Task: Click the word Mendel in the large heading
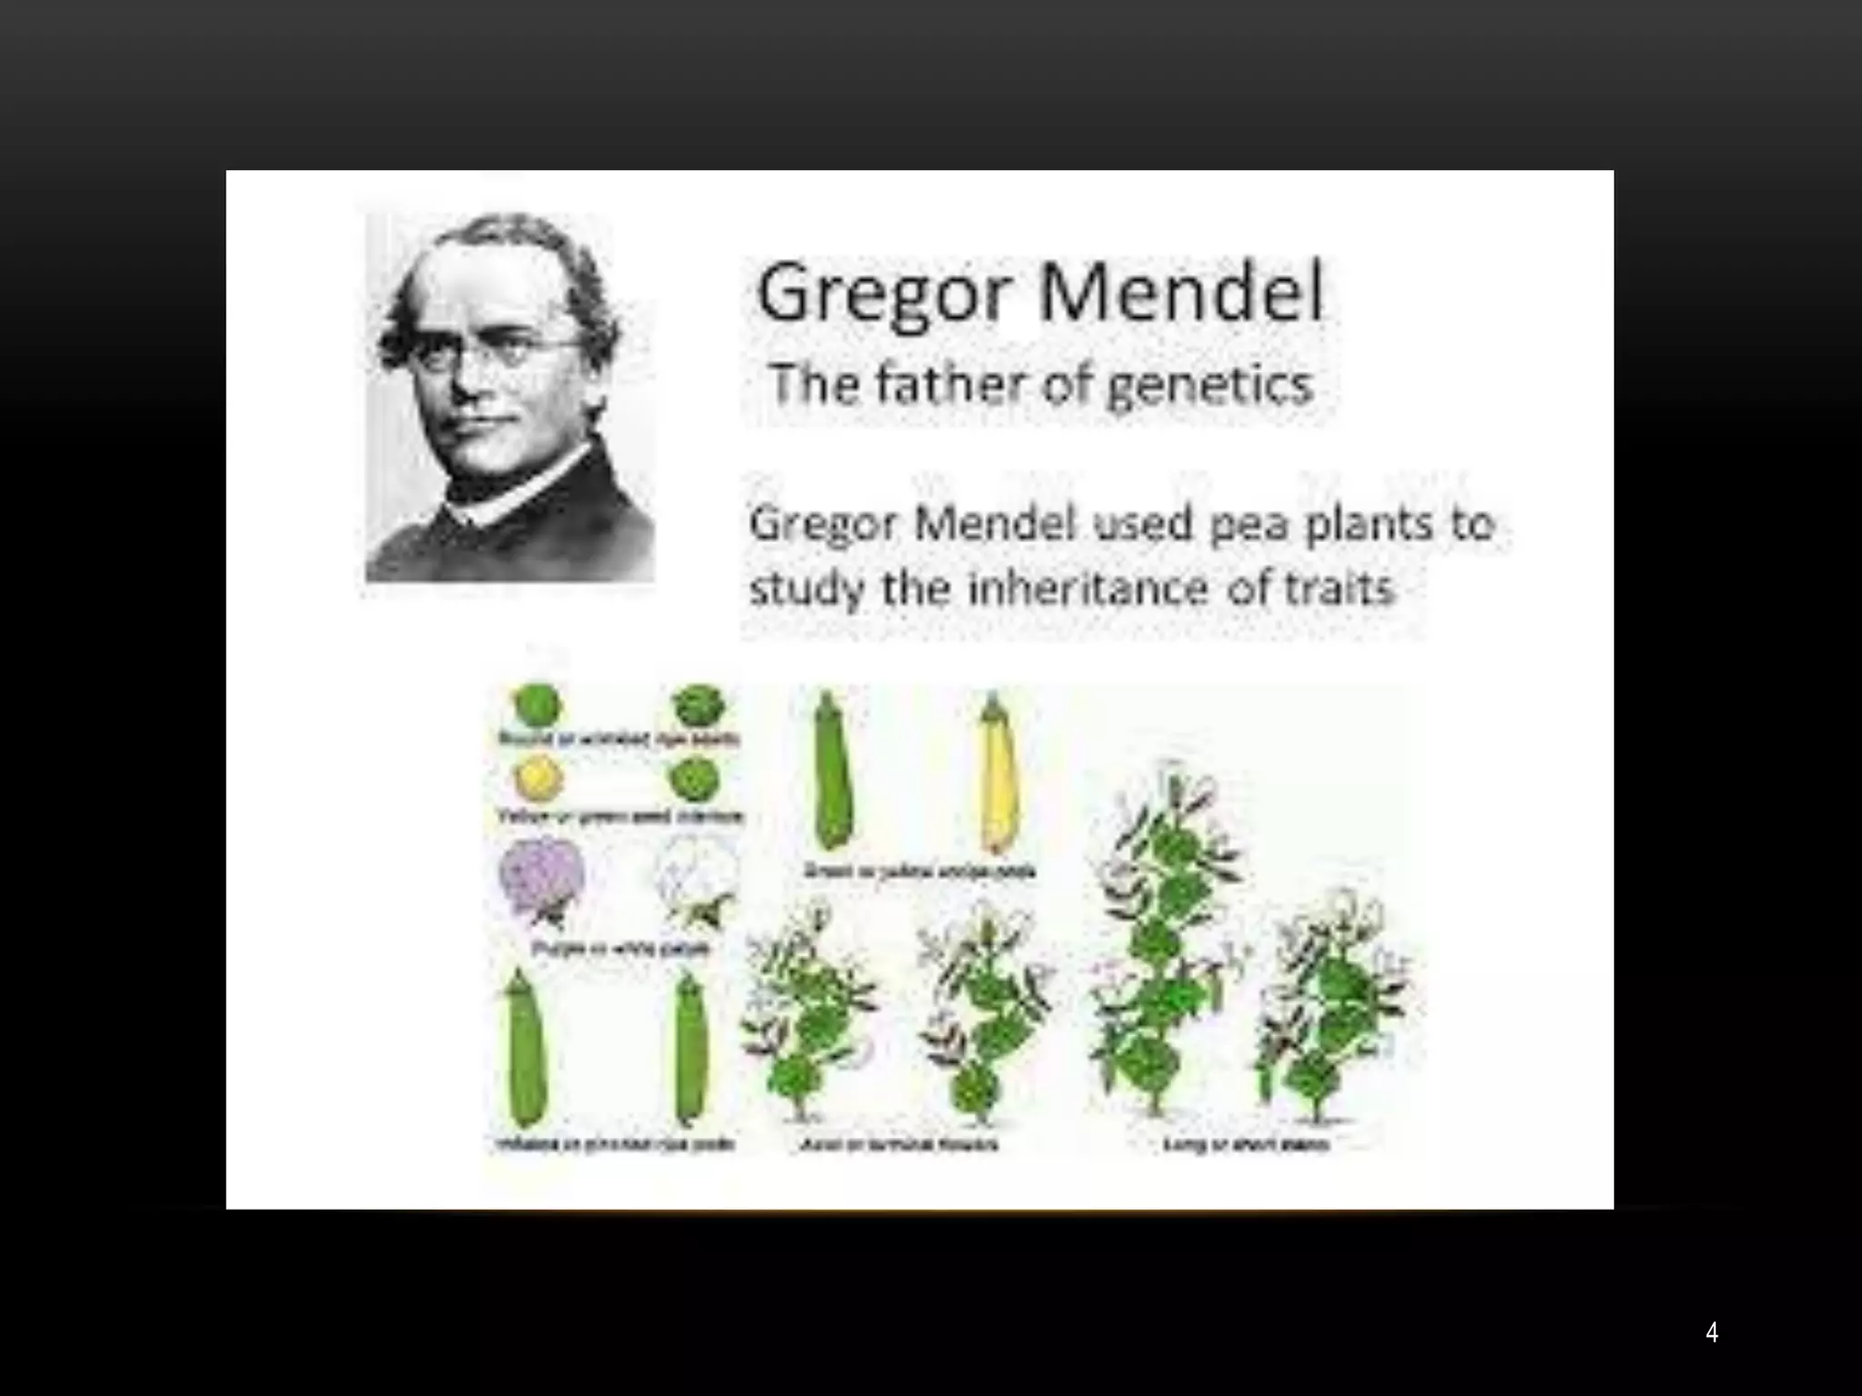1181,293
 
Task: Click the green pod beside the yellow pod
831,773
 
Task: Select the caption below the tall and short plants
1247,1143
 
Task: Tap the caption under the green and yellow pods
919,871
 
